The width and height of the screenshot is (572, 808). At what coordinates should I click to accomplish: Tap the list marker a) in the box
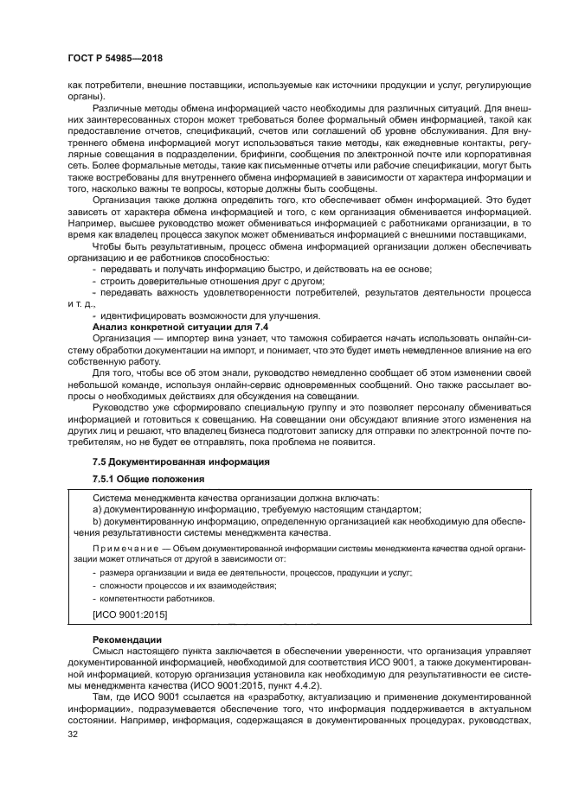pyautogui.click(x=97, y=510)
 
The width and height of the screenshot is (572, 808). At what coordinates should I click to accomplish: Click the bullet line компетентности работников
pyautogui.click(x=156, y=598)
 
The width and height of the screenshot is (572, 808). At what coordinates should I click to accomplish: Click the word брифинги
pyautogui.click(x=292, y=148)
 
